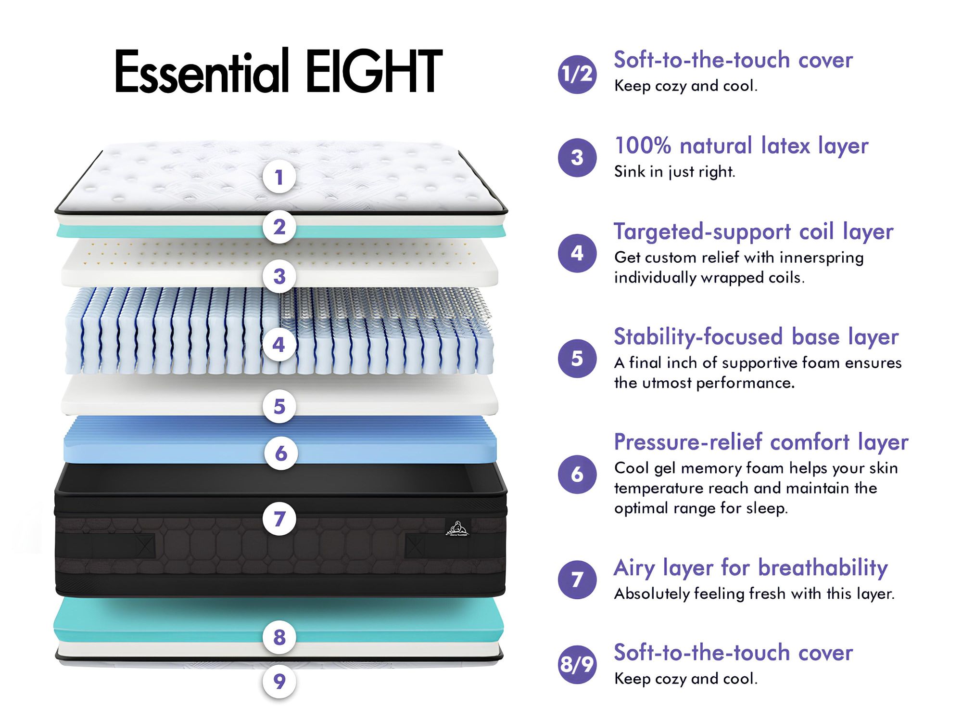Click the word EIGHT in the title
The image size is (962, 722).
pos(374,71)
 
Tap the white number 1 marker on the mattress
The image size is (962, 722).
pos(279,177)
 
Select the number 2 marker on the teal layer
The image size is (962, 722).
pos(279,227)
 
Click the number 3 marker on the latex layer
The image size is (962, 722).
pos(279,276)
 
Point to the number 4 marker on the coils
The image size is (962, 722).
pos(279,345)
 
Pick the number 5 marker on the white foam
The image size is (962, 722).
pos(279,406)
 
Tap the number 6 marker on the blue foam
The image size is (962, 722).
pos(281,453)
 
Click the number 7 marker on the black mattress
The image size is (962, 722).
pos(279,519)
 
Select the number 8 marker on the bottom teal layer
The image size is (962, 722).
pos(279,637)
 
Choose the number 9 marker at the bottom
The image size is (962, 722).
pos(279,681)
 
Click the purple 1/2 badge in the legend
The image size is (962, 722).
pos(577,74)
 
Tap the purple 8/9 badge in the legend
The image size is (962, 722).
pos(577,665)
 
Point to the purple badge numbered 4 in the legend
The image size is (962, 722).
pos(577,253)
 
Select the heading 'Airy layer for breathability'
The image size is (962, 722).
pos(751,568)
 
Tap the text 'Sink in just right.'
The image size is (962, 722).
pos(675,172)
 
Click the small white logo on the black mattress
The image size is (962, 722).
pos(457,528)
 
